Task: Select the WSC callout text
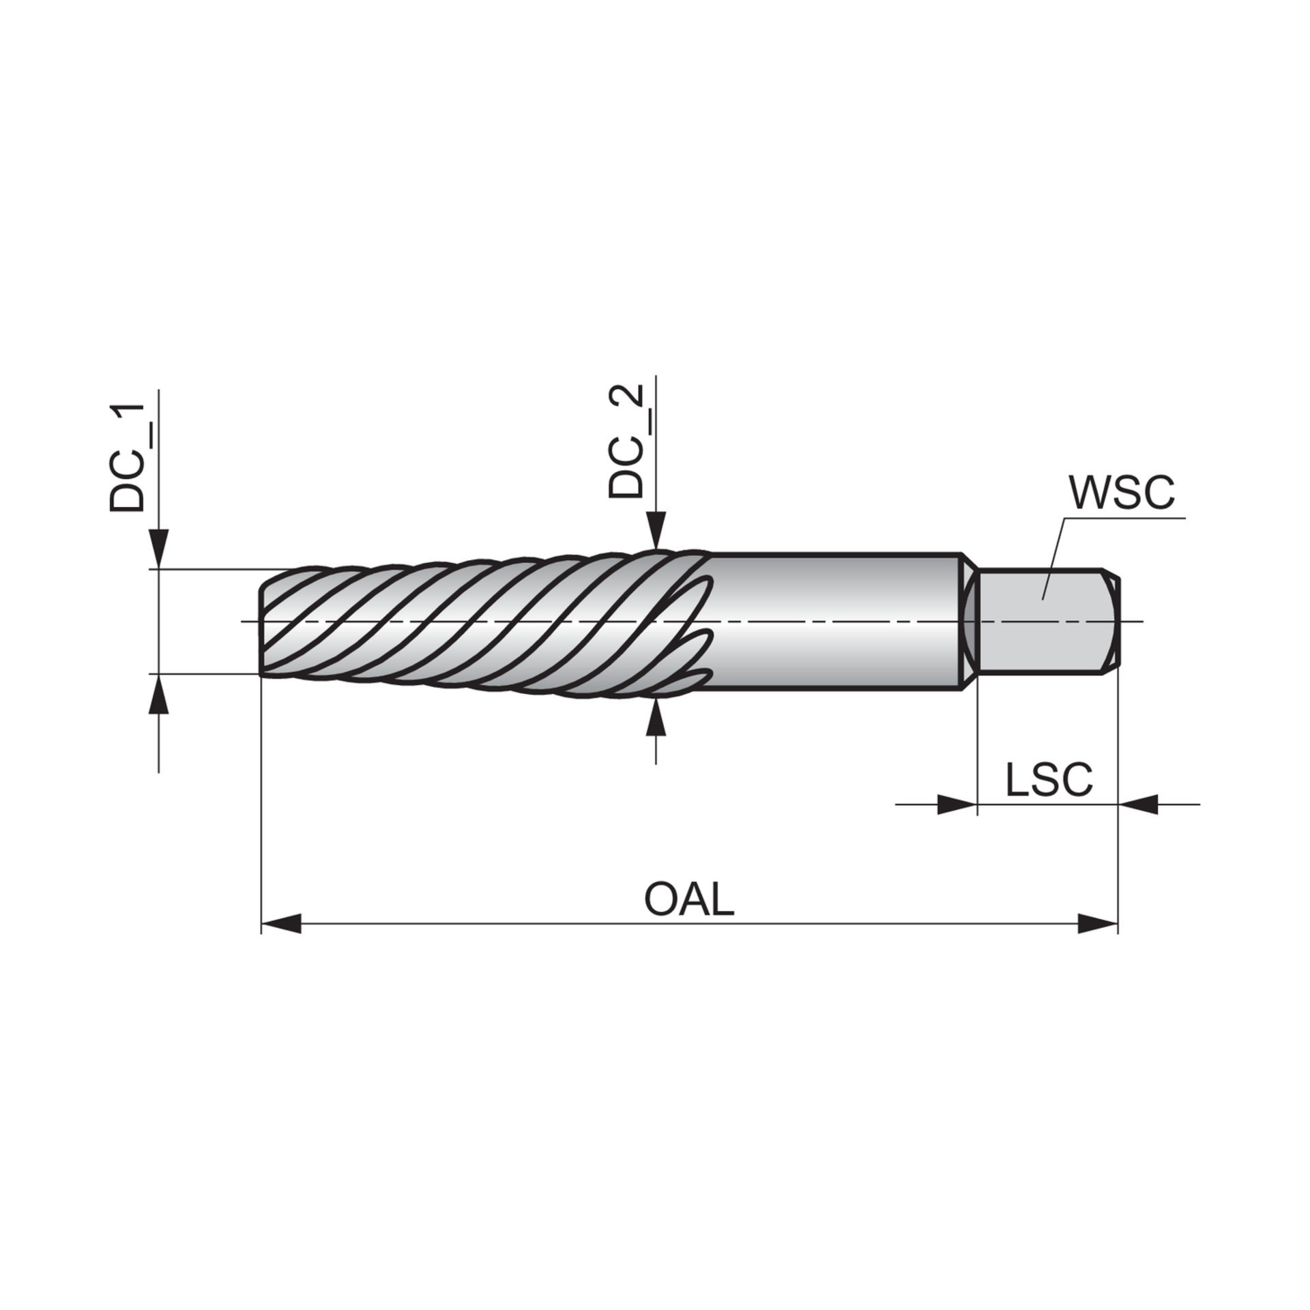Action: pyautogui.click(x=1122, y=493)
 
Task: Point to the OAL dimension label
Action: pyautogui.click(x=689, y=900)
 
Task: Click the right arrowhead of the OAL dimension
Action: pyautogui.click(x=1098, y=925)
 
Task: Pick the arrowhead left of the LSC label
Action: pyautogui.click(x=958, y=804)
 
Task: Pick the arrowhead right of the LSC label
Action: pyautogui.click(x=1137, y=804)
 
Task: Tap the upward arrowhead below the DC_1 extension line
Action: pyautogui.click(x=158, y=695)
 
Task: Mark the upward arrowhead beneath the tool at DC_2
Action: pyautogui.click(x=656, y=716)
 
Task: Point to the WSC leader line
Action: pyautogui.click(x=1054, y=553)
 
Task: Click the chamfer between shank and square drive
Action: pyautogui.click(x=968, y=620)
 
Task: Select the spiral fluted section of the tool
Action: pyautogui.click(x=478, y=620)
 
